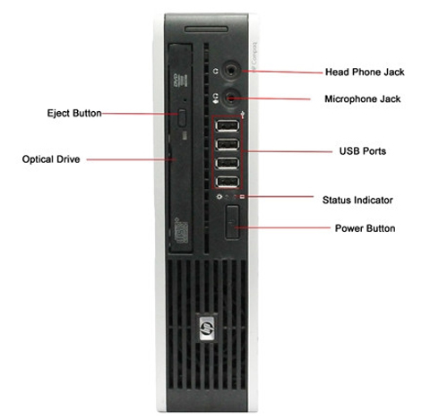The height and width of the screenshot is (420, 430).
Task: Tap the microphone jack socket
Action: pyautogui.click(x=231, y=98)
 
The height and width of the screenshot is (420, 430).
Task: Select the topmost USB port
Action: pyautogui.click(x=228, y=125)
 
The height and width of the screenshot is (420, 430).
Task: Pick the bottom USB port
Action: pyautogui.click(x=228, y=182)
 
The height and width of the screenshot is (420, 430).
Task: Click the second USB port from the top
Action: pyautogui.click(x=228, y=144)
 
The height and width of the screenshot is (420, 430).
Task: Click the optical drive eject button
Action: pyautogui.click(x=182, y=118)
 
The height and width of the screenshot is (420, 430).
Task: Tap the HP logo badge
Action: pyautogui.click(x=208, y=328)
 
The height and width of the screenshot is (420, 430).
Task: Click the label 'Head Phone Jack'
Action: pyautogui.click(x=365, y=72)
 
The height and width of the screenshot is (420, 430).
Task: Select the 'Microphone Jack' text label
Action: pyautogui.click(x=363, y=99)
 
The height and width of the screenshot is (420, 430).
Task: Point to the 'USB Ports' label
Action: pyautogui.click(x=363, y=151)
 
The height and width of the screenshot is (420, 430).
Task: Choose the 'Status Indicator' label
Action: pyautogui.click(x=357, y=200)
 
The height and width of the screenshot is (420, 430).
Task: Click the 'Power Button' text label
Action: pyautogui.click(x=365, y=228)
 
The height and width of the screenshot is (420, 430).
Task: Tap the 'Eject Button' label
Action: pyautogui.click(x=74, y=113)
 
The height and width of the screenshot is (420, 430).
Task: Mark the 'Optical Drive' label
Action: pyautogui.click(x=51, y=159)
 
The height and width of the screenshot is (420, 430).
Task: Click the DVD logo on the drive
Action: pyautogui.click(x=176, y=81)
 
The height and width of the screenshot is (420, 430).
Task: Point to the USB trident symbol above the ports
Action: pyautogui.click(x=243, y=115)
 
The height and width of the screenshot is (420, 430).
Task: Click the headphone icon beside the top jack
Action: pyautogui.click(x=215, y=72)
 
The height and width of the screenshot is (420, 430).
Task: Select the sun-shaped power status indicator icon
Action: pyautogui.click(x=219, y=197)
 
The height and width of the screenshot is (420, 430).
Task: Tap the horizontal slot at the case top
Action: pyautogui.click(x=206, y=30)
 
